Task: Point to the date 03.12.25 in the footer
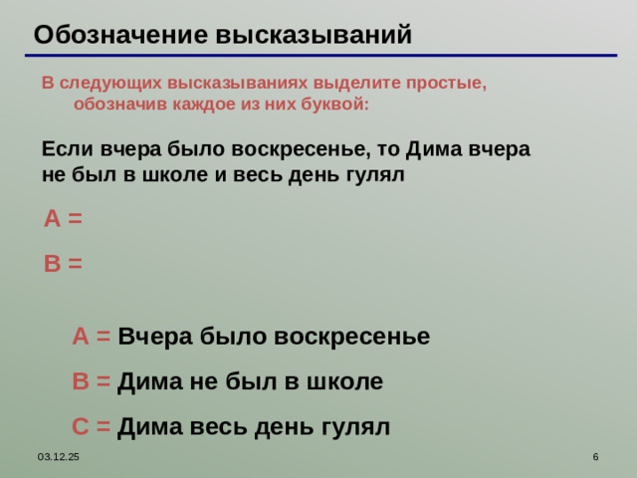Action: pos(60,456)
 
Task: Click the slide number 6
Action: pos(595,456)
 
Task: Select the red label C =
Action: pos(91,427)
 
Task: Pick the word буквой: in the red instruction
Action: pos(334,104)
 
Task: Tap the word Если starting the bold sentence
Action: pos(68,150)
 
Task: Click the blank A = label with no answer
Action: pos(63,219)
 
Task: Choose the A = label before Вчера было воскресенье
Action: pos(91,337)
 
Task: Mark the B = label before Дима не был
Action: pos(91,381)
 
